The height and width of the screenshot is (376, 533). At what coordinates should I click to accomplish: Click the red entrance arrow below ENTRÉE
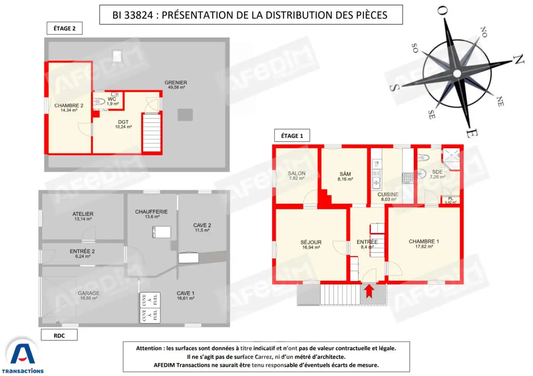click(369, 291)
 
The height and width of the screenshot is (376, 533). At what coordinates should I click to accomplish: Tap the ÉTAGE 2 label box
click(64, 28)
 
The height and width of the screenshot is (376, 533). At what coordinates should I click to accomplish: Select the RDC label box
click(59, 335)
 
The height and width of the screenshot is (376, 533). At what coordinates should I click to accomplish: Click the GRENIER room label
click(176, 83)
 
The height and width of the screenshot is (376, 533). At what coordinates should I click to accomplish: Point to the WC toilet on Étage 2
click(99, 102)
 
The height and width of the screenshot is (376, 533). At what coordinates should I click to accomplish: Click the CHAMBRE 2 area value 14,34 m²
click(69, 110)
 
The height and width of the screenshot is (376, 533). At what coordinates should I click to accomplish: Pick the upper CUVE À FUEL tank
click(150, 300)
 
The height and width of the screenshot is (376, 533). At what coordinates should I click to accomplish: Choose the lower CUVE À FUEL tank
click(150, 315)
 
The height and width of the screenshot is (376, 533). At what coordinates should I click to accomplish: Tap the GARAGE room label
click(88, 293)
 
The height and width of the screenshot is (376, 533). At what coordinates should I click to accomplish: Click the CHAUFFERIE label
click(152, 212)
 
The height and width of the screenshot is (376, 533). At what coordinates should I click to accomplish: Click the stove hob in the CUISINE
click(408, 178)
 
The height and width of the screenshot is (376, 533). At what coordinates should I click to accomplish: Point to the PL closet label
click(451, 198)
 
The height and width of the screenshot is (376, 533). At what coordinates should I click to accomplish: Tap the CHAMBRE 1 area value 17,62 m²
click(424, 246)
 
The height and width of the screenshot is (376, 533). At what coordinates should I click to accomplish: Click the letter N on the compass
click(519, 59)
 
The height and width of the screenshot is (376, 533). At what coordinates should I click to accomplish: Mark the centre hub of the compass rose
click(457, 74)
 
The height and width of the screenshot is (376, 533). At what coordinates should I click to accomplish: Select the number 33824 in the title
click(139, 15)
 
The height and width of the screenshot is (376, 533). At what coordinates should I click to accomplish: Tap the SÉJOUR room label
click(311, 242)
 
